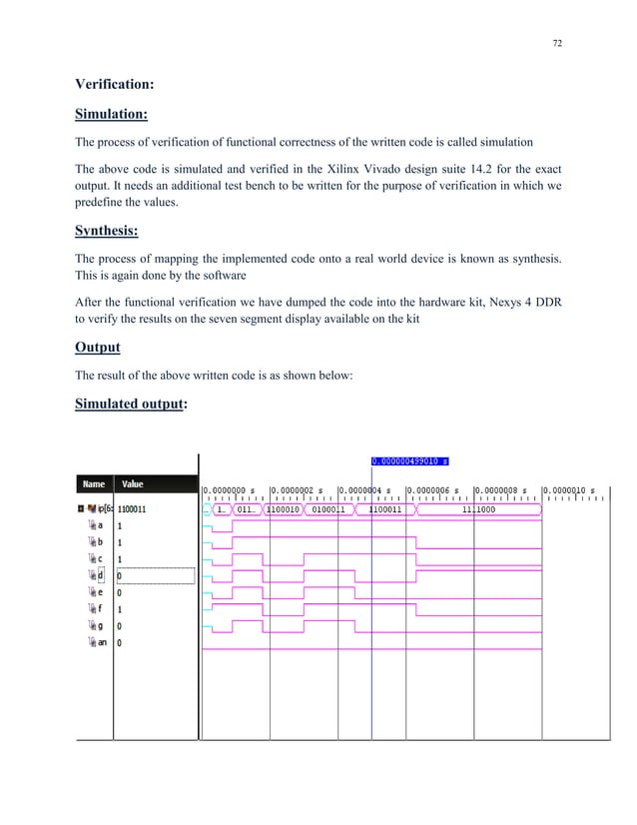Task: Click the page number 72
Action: [x=556, y=44]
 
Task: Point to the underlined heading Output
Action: [x=99, y=347]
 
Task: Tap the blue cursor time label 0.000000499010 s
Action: [x=410, y=461]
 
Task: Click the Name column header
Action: [x=94, y=484]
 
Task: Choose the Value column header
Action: [x=133, y=484]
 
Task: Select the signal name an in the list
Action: [x=101, y=642]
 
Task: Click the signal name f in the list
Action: [x=99, y=608]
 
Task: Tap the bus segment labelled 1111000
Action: [x=479, y=509]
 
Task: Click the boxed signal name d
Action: [x=99, y=574]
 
